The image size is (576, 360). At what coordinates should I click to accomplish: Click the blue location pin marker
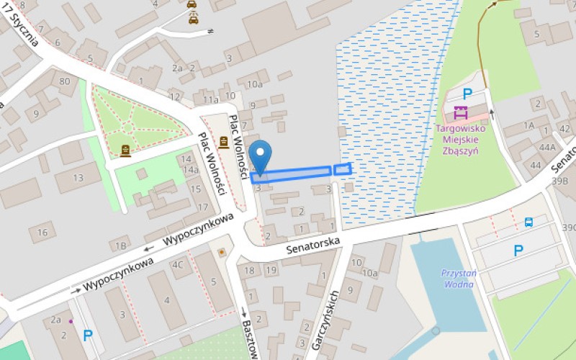[x=261, y=157]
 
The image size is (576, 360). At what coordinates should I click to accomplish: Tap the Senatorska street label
[x=312, y=247]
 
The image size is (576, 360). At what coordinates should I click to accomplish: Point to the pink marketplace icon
[x=461, y=113]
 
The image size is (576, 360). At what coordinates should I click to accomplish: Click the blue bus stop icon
[x=528, y=222]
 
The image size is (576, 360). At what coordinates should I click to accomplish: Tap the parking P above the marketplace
[x=467, y=93]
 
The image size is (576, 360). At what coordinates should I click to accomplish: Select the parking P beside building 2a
[x=88, y=335]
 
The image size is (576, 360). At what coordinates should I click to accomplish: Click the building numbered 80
[x=65, y=81]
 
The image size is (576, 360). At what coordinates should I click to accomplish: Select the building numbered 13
[x=78, y=177]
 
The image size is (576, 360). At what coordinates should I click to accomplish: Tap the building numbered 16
[x=42, y=232]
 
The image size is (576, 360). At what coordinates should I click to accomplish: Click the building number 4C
[x=177, y=264]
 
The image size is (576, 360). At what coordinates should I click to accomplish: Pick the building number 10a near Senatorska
[x=369, y=273]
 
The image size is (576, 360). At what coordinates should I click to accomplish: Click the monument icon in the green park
[x=126, y=150]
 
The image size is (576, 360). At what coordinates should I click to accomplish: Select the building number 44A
[x=548, y=148]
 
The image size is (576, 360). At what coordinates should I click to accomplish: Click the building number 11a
[x=210, y=100]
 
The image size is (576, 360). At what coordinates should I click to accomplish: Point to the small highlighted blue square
[x=343, y=169]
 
